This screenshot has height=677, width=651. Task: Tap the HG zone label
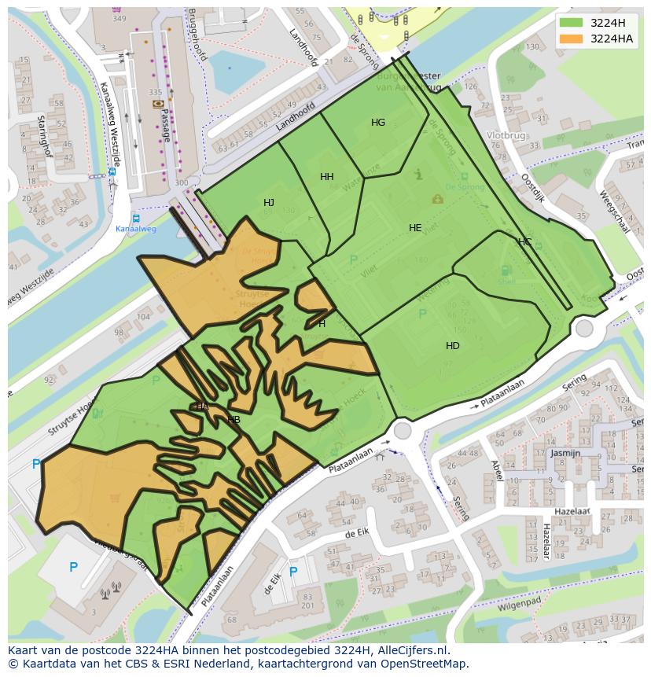[378, 123]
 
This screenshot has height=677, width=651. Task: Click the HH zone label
[327, 177]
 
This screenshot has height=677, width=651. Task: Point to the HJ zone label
[269, 203]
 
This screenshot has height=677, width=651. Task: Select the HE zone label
[415, 228]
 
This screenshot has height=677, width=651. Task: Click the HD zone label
[453, 346]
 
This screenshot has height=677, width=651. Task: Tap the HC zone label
[524, 241]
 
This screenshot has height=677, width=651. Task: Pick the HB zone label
[234, 420]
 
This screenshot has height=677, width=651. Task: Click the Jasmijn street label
[565, 454]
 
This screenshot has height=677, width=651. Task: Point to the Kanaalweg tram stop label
[136, 229]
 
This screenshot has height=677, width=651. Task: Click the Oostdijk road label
[533, 189]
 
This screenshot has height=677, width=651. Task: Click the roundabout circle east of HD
[584, 328]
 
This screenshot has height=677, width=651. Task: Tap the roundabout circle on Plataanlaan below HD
[403, 430]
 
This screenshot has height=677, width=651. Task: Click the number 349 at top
[120, 18]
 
